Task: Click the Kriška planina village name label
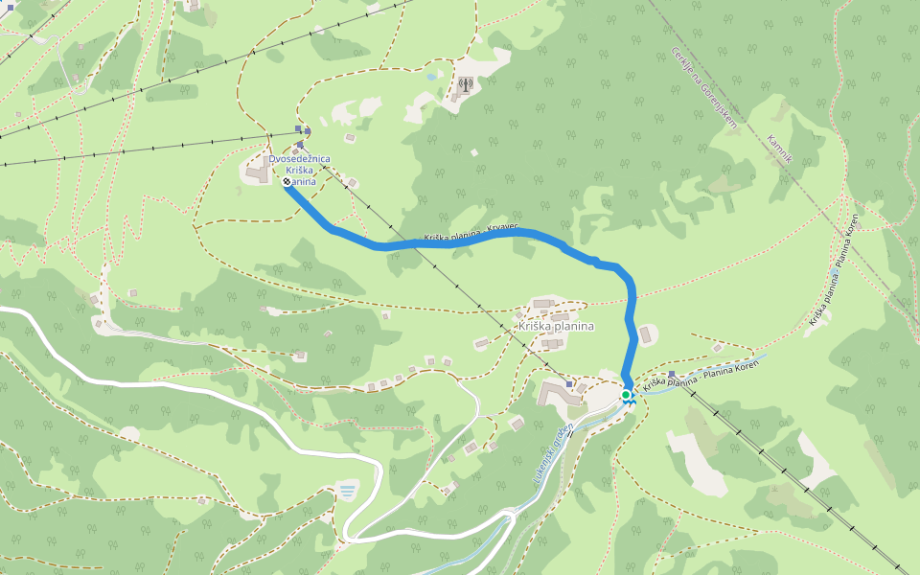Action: tap(555, 326)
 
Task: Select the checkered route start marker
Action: tap(287, 180)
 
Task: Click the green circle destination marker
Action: tap(626, 395)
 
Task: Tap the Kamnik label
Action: tap(779, 149)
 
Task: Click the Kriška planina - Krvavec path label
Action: tap(471, 234)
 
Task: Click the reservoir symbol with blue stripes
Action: tap(346, 492)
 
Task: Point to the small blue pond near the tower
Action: tap(433, 76)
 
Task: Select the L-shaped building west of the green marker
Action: tap(556, 393)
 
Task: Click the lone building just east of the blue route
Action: tap(646, 334)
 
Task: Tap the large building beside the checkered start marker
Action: tap(258, 172)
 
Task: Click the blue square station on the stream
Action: tap(671, 374)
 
